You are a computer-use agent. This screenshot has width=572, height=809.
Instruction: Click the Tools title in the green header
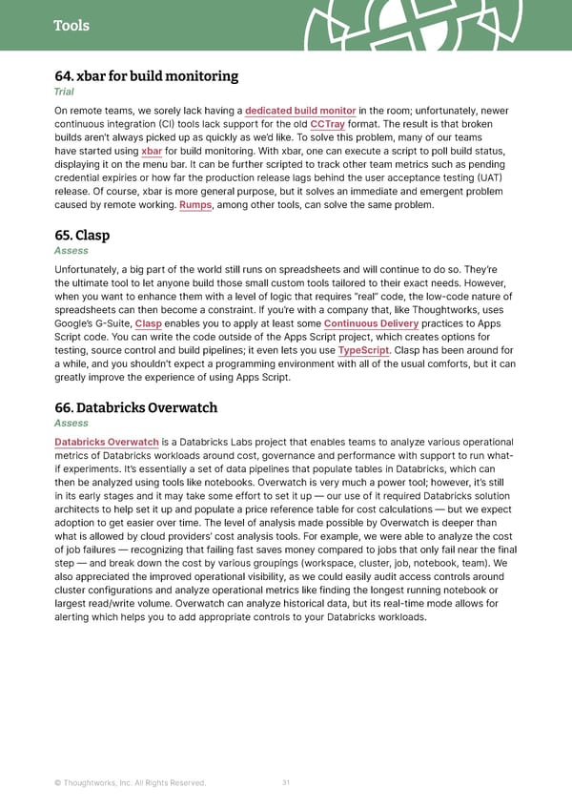coord(71,26)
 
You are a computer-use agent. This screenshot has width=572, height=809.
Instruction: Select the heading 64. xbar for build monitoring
coord(146,76)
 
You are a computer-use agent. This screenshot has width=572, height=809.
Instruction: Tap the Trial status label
coord(67,93)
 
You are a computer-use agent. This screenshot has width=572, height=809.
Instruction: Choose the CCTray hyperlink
coord(327,125)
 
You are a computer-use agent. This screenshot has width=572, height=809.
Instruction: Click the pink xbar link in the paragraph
coord(151,152)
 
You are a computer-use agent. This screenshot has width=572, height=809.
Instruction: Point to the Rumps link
coord(196,205)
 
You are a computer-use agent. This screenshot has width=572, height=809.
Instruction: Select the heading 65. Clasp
coord(82,235)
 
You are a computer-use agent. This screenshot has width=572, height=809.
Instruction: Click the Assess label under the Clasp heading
coord(71,251)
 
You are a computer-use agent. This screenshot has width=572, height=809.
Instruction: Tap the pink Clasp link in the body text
coord(148,323)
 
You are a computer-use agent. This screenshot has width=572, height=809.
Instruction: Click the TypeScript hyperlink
coord(363,350)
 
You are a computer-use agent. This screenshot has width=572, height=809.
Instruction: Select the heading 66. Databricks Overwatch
coord(136,407)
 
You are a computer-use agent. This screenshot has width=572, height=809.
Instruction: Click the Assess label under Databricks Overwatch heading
coord(71,424)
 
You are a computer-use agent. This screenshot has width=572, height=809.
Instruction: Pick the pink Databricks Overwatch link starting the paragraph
coord(107,443)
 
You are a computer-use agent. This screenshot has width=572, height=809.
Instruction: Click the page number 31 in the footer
coord(286,783)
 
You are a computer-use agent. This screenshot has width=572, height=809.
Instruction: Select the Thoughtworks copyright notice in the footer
coord(130,783)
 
